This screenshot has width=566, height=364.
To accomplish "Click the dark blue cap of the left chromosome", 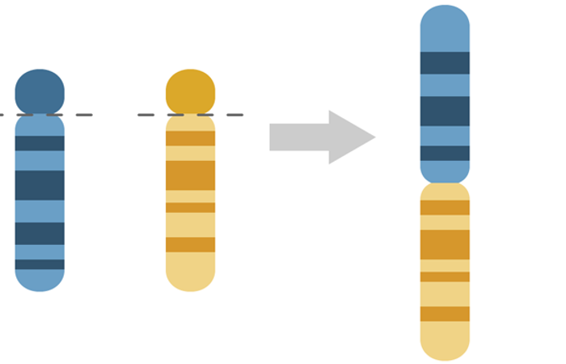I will point(40,90).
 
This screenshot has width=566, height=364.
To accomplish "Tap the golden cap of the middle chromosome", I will point(191,91).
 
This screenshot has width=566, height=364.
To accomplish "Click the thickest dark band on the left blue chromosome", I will point(40,185).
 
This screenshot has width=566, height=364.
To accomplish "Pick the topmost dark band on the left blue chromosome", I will point(40,143).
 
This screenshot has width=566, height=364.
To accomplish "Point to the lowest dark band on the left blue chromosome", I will point(40,265).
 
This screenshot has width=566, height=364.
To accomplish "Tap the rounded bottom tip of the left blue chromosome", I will point(40,281).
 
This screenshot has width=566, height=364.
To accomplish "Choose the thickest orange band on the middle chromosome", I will point(191,176).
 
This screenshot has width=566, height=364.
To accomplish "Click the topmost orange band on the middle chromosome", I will point(191,138).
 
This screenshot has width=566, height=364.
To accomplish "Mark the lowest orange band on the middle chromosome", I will point(191,244).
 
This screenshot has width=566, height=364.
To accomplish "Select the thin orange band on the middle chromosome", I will point(191,208).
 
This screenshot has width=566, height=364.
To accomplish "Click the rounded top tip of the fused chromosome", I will point(445,20).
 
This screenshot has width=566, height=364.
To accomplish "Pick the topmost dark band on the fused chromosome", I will point(445,63).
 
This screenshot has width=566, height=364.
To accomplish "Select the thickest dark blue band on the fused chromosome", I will point(445,111).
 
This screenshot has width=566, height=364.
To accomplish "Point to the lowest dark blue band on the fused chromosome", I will point(445,153).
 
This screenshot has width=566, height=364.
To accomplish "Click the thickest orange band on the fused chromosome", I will point(445,244).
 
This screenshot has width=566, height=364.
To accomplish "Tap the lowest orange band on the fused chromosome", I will point(445,314).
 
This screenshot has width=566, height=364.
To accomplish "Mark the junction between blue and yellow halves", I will point(445,183).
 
